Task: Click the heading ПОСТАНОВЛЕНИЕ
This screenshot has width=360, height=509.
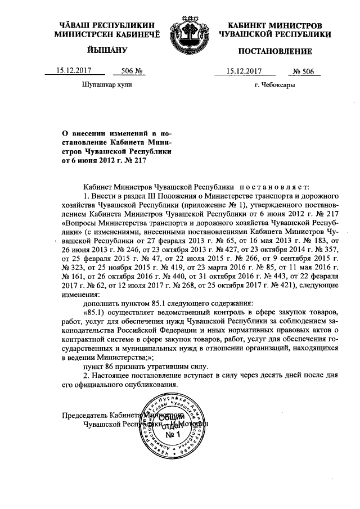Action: (x=275, y=52)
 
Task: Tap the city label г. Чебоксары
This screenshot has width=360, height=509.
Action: (x=274, y=86)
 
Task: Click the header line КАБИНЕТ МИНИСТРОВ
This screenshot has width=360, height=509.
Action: (x=275, y=26)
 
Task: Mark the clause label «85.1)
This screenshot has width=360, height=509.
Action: (x=94, y=312)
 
